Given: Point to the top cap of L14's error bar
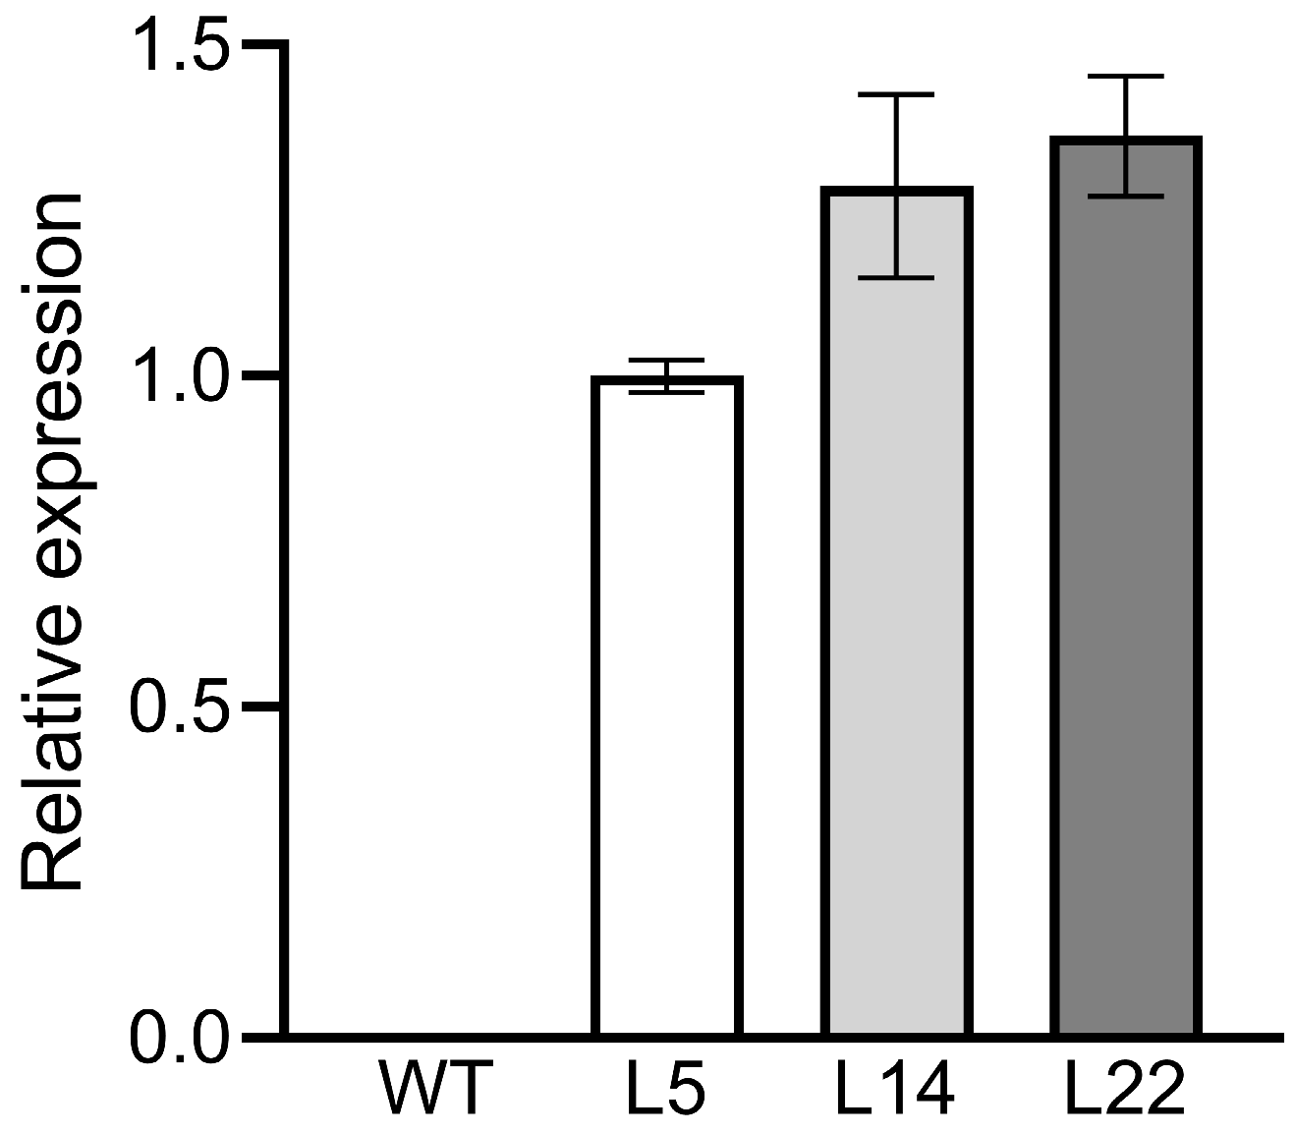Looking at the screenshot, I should point(898,95).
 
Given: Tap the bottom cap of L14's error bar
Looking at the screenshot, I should point(898,278).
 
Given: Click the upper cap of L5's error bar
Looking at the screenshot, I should point(667,360).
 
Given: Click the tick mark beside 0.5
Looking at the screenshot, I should point(259,707).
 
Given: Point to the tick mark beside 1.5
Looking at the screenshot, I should point(259,45).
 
